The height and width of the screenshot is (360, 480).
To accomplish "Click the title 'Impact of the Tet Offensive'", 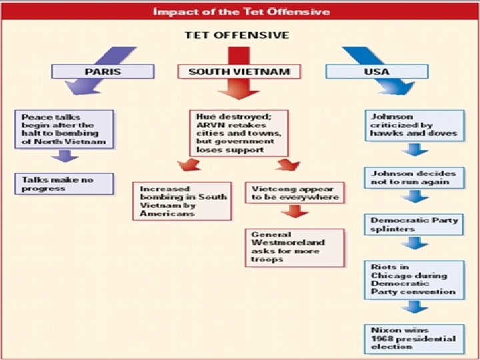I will [239, 12].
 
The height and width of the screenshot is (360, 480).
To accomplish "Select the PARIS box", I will [103, 71].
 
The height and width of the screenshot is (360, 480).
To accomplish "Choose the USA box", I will [377, 71].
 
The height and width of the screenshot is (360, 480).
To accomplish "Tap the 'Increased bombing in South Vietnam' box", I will [181, 201].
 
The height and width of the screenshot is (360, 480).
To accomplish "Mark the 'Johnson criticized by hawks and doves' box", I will [414, 125].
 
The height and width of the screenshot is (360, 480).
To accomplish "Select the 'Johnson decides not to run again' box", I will [414, 177].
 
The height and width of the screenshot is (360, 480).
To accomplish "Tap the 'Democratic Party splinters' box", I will [414, 224].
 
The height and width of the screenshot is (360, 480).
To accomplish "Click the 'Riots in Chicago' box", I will [414, 279].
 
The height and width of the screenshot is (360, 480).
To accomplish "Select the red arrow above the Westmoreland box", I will [294, 213].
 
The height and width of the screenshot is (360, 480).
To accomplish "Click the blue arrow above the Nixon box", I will [414, 307].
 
